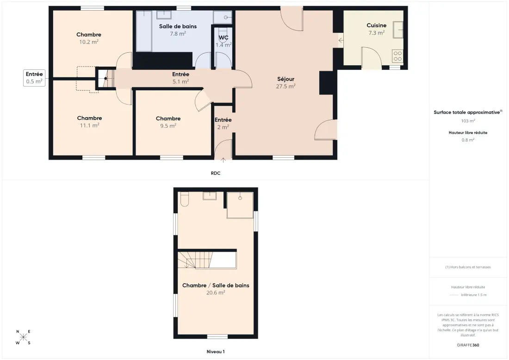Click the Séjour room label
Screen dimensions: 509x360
click(286, 79)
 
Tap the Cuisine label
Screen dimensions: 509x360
click(377, 25)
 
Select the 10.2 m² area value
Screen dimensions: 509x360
click(89, 42)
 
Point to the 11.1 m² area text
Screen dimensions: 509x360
click(89, 125)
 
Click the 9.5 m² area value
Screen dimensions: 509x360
click(168, 125)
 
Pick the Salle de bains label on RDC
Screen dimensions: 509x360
click(178, 26)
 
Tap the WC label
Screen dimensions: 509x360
click(223, 37)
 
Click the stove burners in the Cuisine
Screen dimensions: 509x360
click(397, 56)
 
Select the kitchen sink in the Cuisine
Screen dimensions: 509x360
click(398, 30)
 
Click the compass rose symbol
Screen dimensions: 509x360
click(24, 337)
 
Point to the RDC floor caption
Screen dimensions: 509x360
click(216, 174)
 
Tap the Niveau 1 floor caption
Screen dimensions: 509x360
click(216, 352)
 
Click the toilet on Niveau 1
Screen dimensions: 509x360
click(184, 199)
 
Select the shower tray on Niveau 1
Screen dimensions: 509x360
click(240, 205)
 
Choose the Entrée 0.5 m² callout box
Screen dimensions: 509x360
click(34, 78)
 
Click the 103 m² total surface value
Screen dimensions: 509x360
click(468, 121)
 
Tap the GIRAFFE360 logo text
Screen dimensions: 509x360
click(468, 345)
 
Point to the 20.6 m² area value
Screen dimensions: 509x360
click(216, 293)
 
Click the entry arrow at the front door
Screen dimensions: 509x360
click(223, 160)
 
